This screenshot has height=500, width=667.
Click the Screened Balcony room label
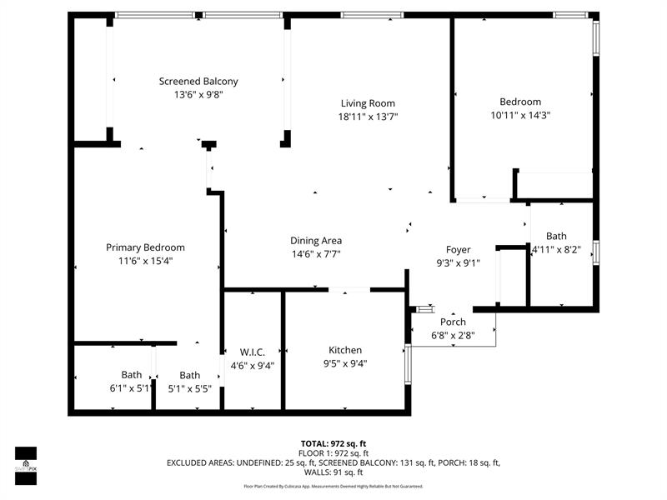pos(198,81)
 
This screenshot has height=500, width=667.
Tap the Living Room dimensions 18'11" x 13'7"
pos(368,117)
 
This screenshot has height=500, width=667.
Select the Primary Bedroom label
pos(145,247)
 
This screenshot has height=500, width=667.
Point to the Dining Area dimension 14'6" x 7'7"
pos(316,254)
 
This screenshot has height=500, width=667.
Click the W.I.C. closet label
pos(251,352)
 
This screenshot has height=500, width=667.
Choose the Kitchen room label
pos(345,350)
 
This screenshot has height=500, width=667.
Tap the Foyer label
pos(458,249)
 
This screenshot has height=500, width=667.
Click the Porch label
pos(453,322)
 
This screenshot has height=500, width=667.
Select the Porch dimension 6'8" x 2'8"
pos(453,335)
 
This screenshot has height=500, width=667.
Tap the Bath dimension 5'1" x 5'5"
pos(190,387)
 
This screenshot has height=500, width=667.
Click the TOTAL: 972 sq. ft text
pos(333,443)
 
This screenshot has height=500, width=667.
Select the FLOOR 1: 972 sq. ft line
pos(333,452)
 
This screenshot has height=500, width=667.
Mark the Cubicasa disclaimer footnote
pos(333,486)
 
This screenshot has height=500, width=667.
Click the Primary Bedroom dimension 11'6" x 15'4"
pos(145,261)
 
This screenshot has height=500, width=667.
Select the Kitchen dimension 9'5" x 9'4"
pos(345,362)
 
